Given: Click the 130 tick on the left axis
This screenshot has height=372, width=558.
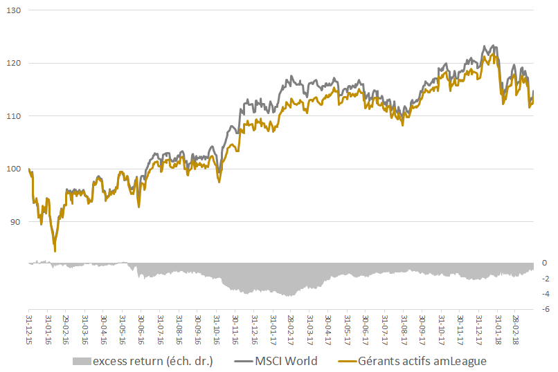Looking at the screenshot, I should point(14,11).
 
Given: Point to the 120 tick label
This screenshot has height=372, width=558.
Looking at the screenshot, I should point(14,64).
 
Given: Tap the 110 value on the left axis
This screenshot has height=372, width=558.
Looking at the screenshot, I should point(14,116).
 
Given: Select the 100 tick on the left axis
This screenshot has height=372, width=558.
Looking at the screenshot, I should point(14,169).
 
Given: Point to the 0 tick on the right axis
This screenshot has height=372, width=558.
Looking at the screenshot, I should point(545,263).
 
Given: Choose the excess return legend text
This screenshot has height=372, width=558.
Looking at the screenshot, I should point(153,361).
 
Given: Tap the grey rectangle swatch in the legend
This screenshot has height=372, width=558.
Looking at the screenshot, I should point(81,361).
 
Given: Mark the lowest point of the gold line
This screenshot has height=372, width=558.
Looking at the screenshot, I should point(55,251).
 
